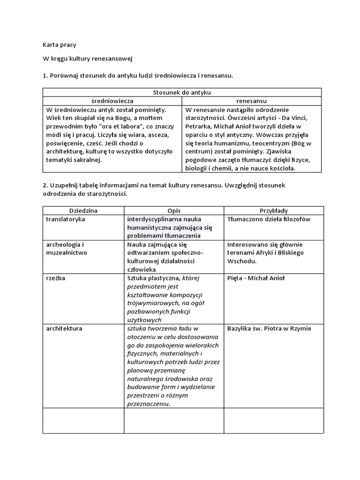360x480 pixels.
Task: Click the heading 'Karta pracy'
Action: [59, 45]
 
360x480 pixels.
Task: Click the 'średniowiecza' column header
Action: [112, 101]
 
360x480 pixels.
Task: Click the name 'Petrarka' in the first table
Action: [198, 126]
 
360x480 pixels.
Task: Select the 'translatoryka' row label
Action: [66, 219]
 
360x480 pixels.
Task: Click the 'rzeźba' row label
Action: [56, 278]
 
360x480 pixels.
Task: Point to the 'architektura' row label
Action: [64, 329]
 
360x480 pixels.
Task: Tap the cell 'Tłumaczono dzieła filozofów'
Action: [269, 219]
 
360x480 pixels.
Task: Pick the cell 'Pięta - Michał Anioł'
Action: [256, 278]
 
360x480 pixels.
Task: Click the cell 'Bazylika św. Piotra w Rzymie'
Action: [269, 329]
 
